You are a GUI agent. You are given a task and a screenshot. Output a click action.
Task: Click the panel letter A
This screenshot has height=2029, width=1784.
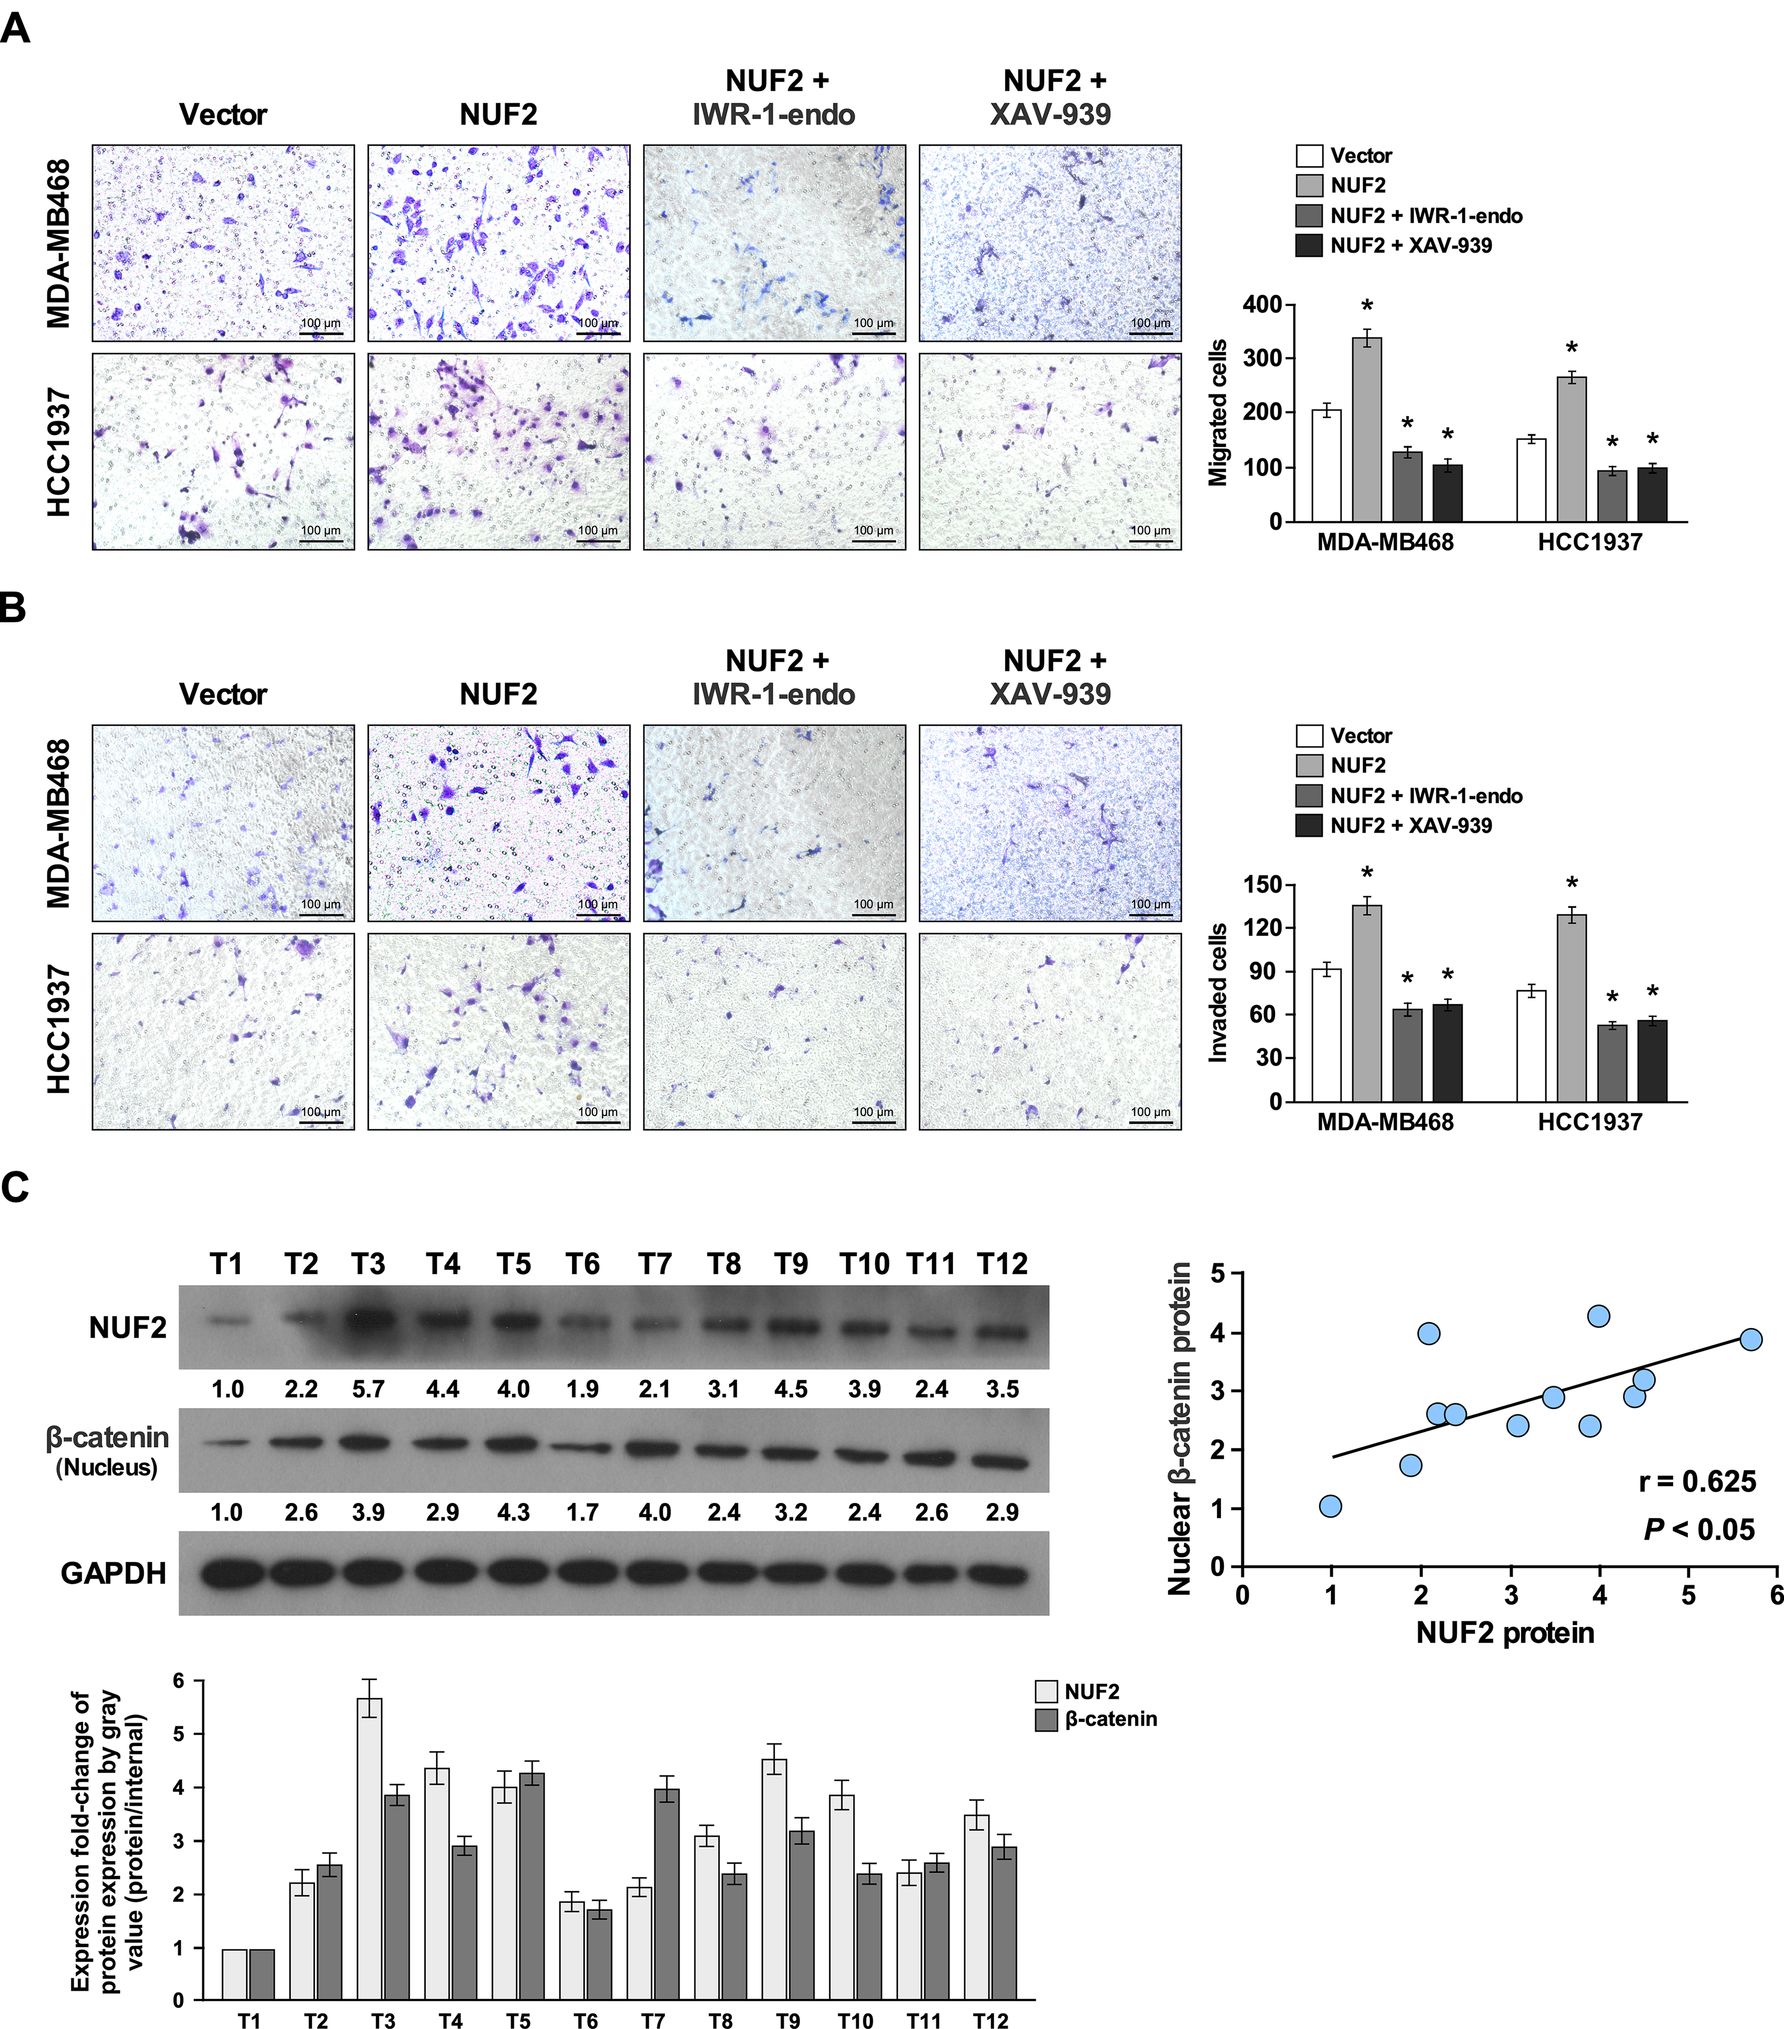(16, 28)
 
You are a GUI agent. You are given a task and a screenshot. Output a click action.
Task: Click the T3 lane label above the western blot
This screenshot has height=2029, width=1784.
(368, 1264)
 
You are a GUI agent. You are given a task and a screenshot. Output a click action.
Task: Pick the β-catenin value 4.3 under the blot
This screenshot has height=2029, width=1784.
(513, 1513)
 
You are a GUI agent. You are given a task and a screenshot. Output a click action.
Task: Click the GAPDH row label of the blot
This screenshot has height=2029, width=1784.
(113, 1573)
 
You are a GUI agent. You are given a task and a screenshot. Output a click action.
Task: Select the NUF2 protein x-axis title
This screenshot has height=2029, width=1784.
(1505, 1633)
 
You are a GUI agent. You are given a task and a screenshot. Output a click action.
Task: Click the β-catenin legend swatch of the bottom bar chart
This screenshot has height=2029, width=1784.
(1046, 1719)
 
